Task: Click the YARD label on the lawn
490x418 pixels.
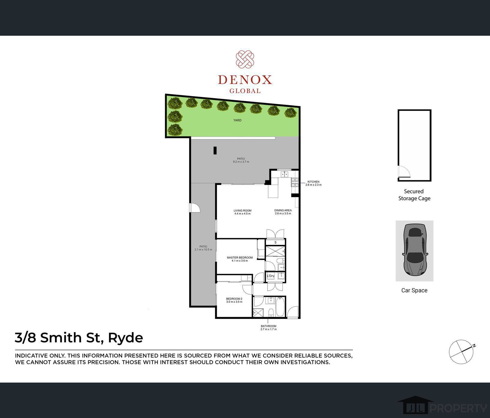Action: (237, 120)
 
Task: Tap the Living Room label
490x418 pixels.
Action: (243, 211)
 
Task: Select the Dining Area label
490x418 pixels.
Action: (283, 211)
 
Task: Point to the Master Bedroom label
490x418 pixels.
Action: (240, 258)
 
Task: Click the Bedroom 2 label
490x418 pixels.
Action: (234, 299)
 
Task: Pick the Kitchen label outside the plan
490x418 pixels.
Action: (313, 182)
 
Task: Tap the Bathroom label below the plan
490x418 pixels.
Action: (269, 326)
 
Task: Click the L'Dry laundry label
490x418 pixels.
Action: (271, 276)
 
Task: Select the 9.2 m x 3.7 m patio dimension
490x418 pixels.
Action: (241, 162)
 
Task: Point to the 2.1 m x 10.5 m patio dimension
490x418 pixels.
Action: (203, 250)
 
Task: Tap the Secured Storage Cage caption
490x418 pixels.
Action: (414, 195)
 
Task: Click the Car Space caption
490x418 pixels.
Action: (414, 290)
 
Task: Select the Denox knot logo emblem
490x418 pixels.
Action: (245, 59)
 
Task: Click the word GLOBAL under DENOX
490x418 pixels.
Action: (245, 91)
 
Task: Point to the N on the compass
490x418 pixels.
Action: (474, 346)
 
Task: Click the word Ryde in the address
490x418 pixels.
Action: (126, 338)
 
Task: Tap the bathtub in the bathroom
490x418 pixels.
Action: (280, 306)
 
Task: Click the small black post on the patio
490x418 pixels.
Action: (215, 150)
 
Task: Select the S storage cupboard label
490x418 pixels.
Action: (275, 242)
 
